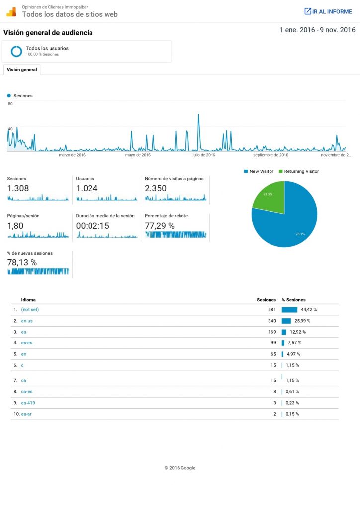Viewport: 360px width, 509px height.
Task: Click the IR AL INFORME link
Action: pos(328,11)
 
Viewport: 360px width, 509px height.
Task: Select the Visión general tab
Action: pos(22,70)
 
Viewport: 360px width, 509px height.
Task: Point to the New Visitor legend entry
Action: pos(259,171)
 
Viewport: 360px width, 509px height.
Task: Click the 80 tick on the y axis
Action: pos(10,104)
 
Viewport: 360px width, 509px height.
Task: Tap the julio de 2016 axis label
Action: pos(203,155)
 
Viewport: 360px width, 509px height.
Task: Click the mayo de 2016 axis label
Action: pos(138,155)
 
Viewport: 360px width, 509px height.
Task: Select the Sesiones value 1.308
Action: pos(18,188)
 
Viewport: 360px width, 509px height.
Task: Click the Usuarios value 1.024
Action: pos(87,188)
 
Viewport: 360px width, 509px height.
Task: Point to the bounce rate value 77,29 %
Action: pos(159,225)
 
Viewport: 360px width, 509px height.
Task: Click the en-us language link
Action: pos(27,321)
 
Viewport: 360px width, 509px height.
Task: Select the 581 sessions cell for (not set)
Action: pos(271,309)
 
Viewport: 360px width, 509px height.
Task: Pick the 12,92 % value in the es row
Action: pos(298,332)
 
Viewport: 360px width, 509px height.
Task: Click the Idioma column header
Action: pos(28,300)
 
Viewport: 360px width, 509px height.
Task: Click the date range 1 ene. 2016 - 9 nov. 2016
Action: pos(317,30)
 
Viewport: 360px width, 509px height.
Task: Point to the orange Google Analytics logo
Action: pos(11,11)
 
